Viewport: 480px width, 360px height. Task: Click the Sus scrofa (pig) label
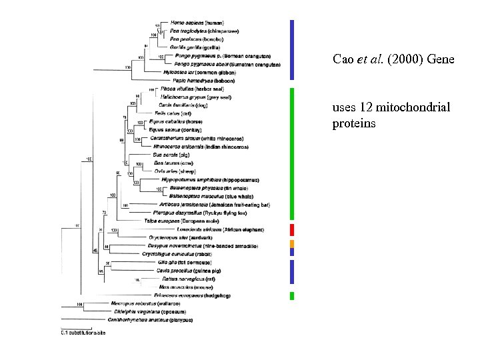[x=171, y=155]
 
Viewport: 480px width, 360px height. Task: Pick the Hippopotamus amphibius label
[x=201, y=180]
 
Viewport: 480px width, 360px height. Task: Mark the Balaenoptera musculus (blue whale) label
[x=205, y=196]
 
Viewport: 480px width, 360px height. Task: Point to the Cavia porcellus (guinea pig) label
[x=187, y=270]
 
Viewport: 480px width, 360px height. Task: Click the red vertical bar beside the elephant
[x=292, y=230]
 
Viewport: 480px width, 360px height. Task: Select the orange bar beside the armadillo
[x=292, y=244]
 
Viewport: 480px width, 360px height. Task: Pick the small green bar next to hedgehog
[x=292, y=295]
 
